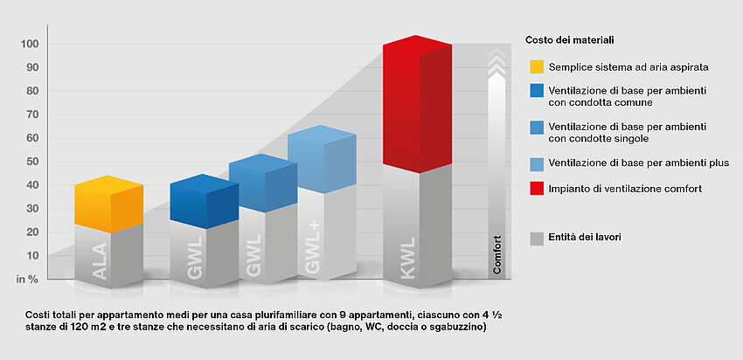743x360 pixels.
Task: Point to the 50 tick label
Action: click(31, 162)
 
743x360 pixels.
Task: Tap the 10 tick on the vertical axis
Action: click(31, 256)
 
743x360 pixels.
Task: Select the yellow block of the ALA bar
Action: click(108, 204)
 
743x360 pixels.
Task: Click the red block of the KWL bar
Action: click(418, 105)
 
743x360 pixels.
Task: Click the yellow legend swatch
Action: click(537, 66)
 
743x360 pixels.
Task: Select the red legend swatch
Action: click(537, 189)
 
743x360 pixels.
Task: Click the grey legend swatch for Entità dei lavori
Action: click(537, 238)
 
